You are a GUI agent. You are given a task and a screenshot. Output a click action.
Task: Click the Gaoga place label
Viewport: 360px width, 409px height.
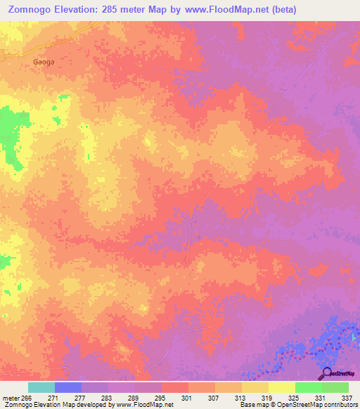(x=44, y=62)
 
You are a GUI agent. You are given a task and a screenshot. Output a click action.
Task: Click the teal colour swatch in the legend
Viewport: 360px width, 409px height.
(x=41, y=387)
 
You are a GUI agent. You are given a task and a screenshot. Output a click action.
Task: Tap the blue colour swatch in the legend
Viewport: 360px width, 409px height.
(x=68, y=387)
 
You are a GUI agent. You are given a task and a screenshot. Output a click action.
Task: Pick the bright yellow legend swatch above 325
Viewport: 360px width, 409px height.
(x=282, y=387)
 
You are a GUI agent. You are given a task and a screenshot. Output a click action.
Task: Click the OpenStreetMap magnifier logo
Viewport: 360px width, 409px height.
(x=326, y=373)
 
